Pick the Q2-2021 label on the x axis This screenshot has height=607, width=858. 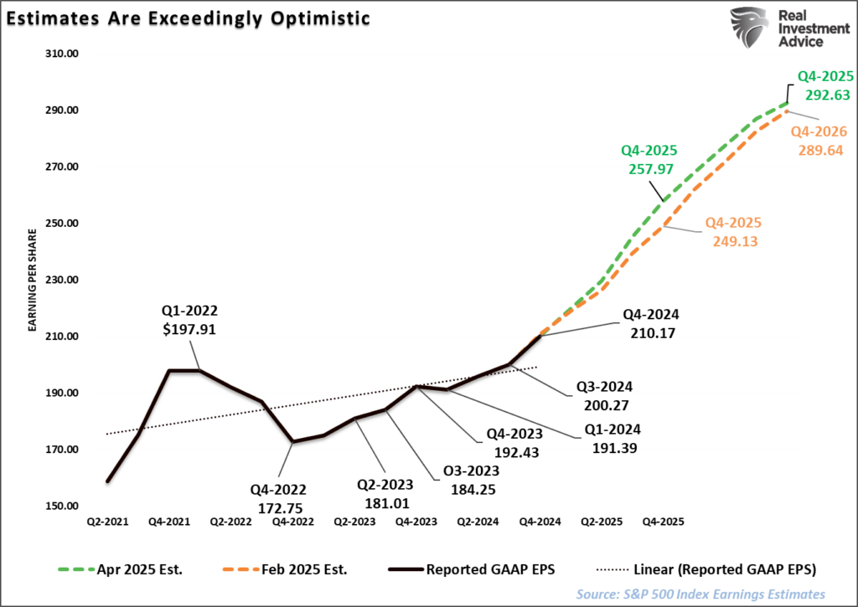point(107,521)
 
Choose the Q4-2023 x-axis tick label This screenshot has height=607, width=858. point(416,521)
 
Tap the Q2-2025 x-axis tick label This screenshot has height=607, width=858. point(601,521)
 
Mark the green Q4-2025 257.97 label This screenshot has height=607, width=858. point(649,160)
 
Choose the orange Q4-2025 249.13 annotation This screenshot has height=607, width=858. point(732,231)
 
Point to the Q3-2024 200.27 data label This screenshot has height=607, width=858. point(603,395)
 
